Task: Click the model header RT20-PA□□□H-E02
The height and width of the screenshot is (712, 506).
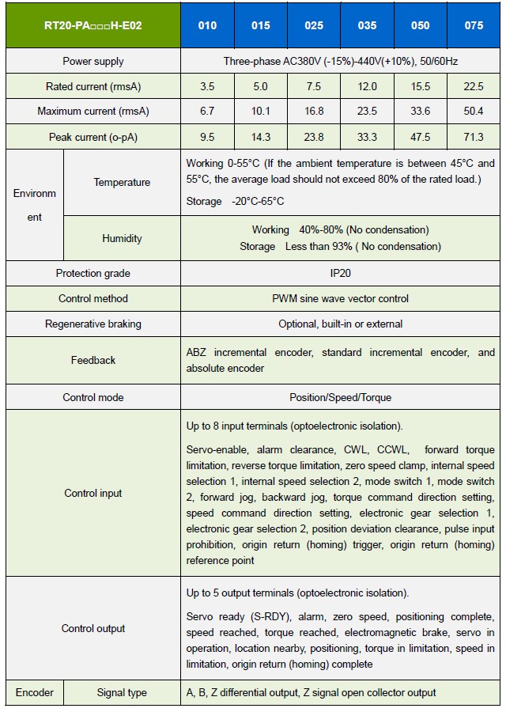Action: pyautogui.click(x=93, y=25)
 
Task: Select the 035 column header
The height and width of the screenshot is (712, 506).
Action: pyautogui.click(x=367, y=25)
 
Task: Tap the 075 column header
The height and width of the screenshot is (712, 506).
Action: pyautogui.click(x=474, y=25)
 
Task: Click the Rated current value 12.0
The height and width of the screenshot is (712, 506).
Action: pyautogui.click(x=367, y=86)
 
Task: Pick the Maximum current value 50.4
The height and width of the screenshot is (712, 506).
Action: pyautogui.click(x=474, y=112)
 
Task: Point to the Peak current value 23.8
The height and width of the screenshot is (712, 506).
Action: pyautogui.click(x=314, y=137)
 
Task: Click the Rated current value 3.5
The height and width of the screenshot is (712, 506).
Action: pyautogui.click(x=207, y=86)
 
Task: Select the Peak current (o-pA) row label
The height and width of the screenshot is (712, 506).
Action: pyautogui.click(x=93, y=137)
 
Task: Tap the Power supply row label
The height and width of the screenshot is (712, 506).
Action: pyautogui.click(x=93, y=61)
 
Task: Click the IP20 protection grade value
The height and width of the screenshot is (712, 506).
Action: pyautogui.click(x=340, y=273)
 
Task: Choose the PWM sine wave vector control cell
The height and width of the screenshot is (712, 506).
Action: pyautogui.click(x=340, y=298)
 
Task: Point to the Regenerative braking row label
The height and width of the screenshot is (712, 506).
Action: pyautogui.click(x=93, y=324)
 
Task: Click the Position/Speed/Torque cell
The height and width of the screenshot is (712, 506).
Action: pyautogui.click(x=340, y=397)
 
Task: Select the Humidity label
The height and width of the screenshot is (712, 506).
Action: pyautogui.click(x=122, y=238)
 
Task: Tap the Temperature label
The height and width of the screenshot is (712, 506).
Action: pyautogui.click(x=122, y=183)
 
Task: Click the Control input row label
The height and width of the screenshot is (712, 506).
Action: pyautogui.click(x=93, y=493)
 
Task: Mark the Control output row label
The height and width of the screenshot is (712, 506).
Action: pyautogui.click(x=93, y=628)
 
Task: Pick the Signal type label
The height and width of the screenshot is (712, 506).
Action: pyautogui.click(x=122, y=692)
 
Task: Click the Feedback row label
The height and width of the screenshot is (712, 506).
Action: pyautogui.click(x=93, y=360)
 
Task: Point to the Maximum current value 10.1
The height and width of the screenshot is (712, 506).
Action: pyautogui.click(x=260, y=112)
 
